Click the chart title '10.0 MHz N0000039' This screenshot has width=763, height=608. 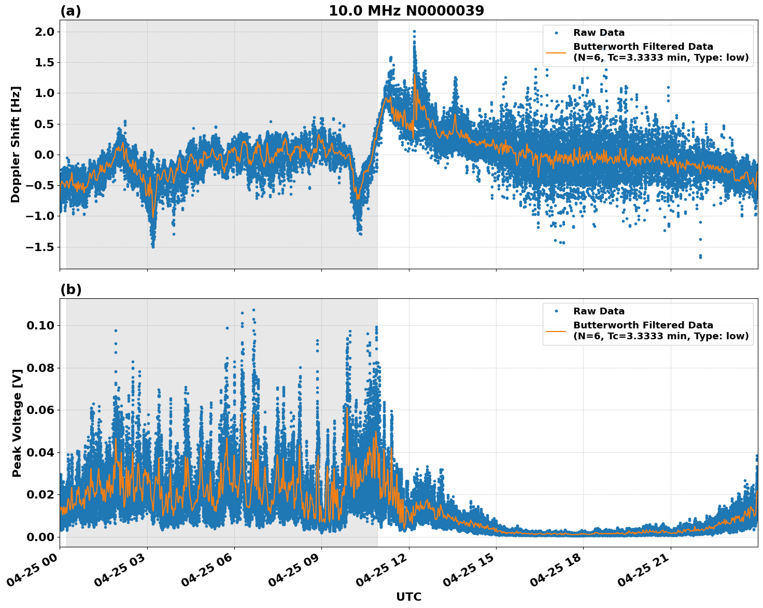point(406,11)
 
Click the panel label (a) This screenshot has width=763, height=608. point(70,11)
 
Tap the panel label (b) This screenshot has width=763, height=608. point(70,289)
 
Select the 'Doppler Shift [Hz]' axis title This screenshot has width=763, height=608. point(16,144)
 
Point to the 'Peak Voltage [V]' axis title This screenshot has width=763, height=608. point(17,423)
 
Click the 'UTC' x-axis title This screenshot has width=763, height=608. point(408,597)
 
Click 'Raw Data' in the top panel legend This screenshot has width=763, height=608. point(599,33)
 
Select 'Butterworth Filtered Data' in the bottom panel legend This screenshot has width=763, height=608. point(643,325)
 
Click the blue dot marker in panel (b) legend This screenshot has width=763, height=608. point(556,311)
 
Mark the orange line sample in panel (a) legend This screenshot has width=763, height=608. point(556,52)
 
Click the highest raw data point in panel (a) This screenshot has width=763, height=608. point(414,32)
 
